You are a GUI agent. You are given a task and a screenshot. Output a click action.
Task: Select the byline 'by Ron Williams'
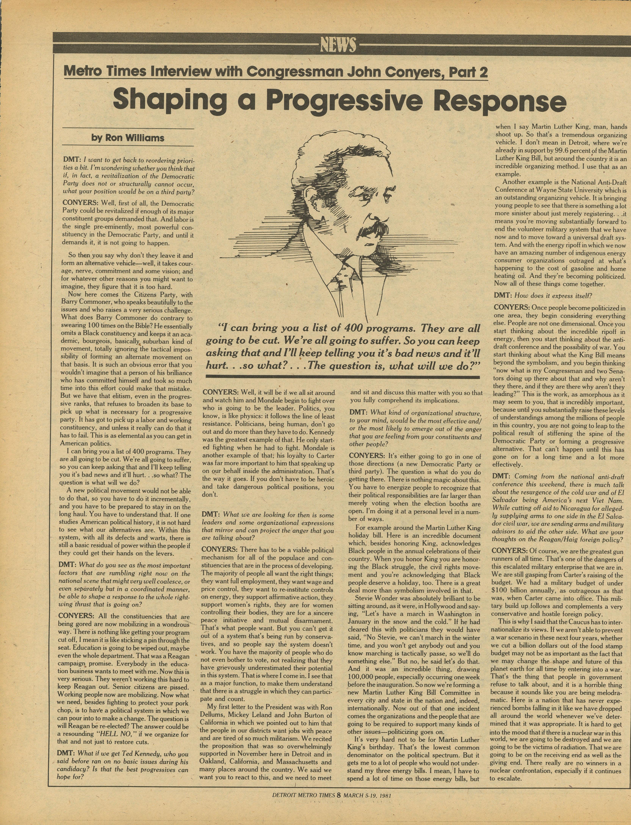click(128, 138)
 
